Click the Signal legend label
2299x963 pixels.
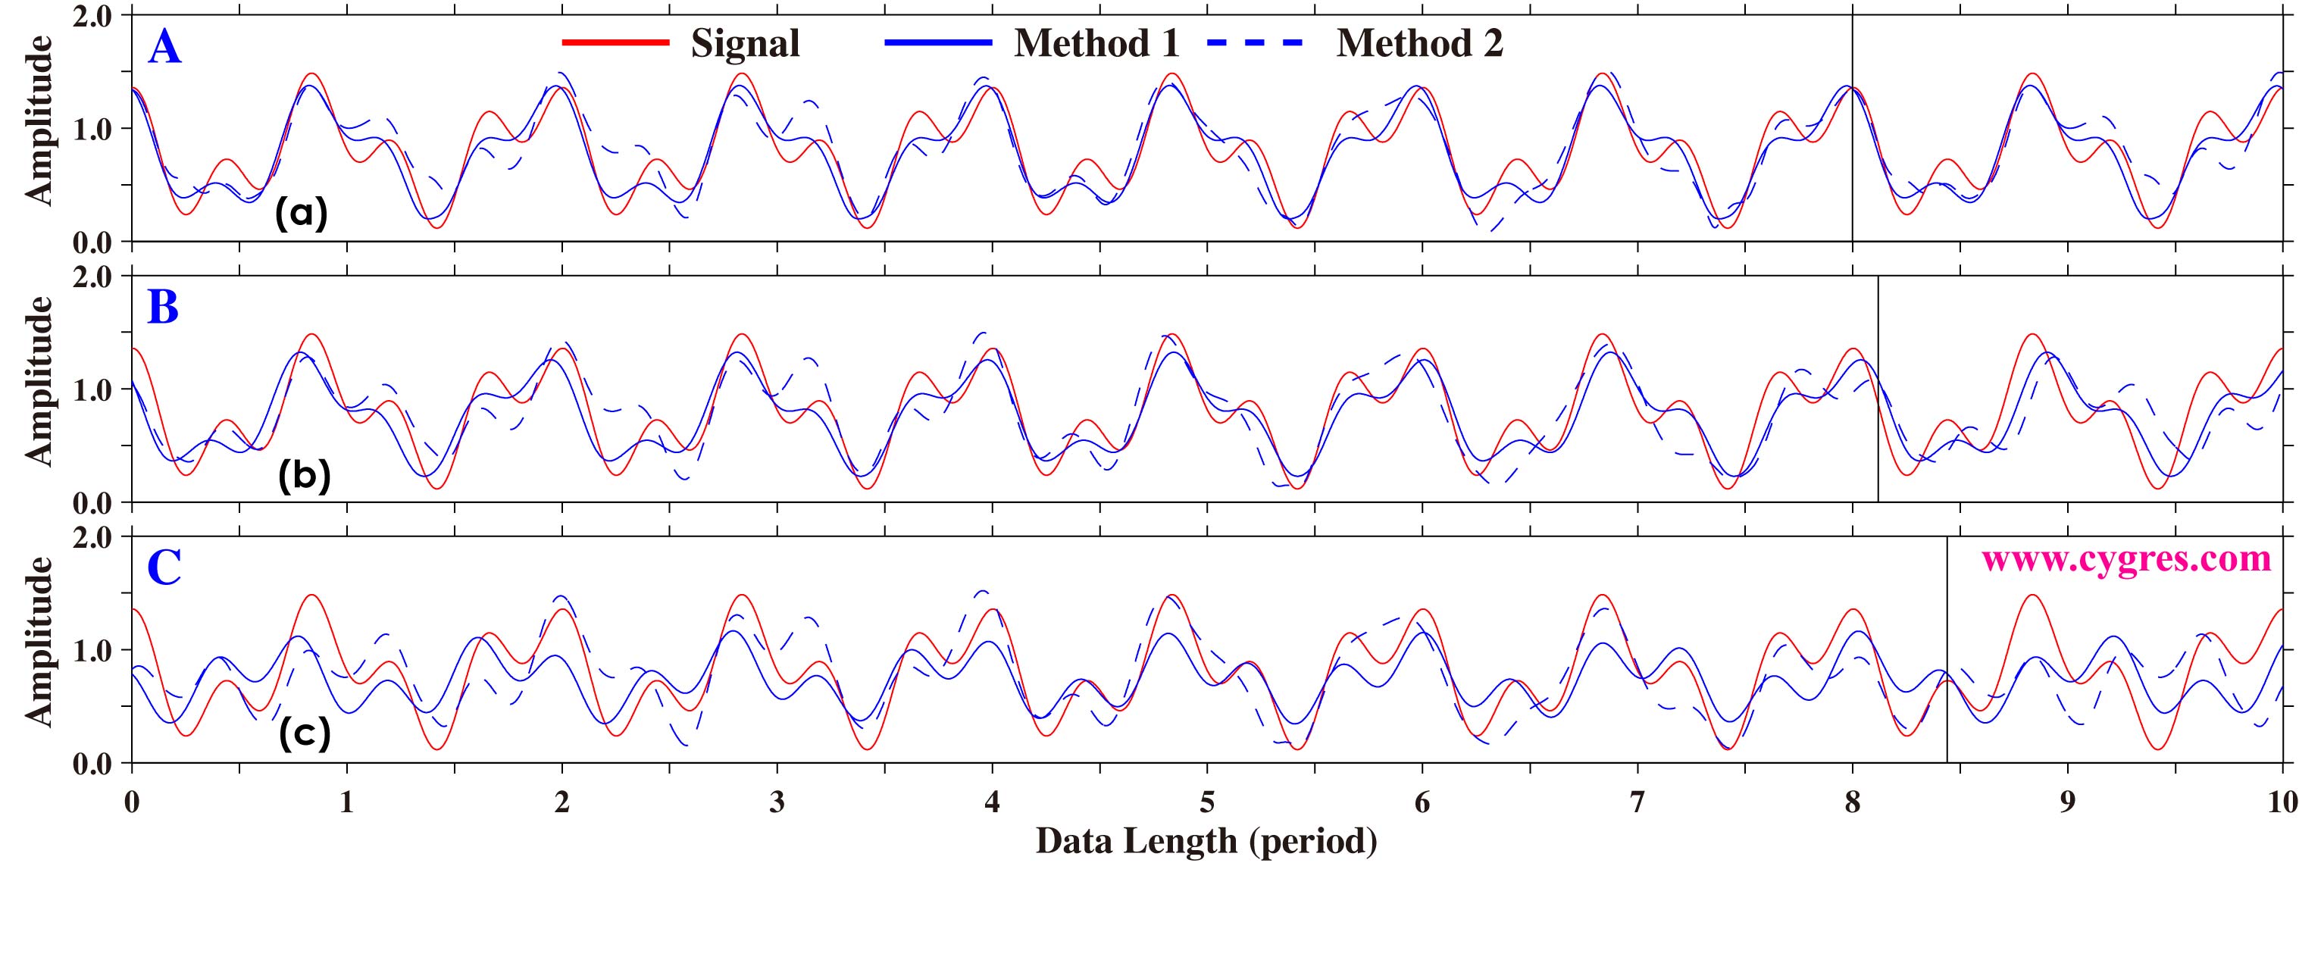[745, 44]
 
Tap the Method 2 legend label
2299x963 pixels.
[1419, 44]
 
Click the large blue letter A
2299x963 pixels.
[164, 47]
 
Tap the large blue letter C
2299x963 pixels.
[164, 567]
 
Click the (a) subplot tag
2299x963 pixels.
[302, 214]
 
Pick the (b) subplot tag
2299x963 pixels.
[305, 476]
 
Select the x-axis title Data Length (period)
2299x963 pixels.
[1206, 841]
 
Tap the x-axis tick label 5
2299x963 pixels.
[1206, 802]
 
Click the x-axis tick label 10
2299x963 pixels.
[2281, 802]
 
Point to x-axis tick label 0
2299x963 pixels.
[132, 802]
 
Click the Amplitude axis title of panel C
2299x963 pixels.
[39, 641]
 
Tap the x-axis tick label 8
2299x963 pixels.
[1852, 802]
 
